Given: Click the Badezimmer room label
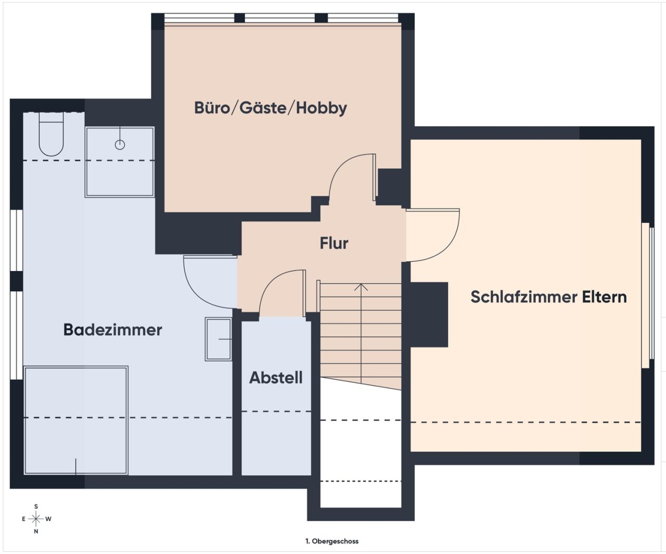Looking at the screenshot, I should coord(112,330).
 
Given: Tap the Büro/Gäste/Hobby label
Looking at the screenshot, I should coord(270,108).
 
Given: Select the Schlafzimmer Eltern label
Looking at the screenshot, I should coord(548,297).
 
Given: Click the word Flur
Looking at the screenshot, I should coord(334,243).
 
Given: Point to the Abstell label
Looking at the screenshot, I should coord(276,378).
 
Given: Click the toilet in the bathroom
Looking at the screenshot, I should coord(51,138).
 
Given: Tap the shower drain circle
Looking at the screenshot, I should coord(120,145).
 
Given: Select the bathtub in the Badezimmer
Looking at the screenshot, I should coord(76,420).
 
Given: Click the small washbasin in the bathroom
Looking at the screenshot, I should coord(219,339).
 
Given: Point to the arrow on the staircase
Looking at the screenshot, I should coord(361,287).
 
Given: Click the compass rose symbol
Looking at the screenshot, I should coord(36,519).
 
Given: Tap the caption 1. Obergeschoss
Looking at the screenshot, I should coord(332,541).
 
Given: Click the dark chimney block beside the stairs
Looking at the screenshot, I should coord(429,314).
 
